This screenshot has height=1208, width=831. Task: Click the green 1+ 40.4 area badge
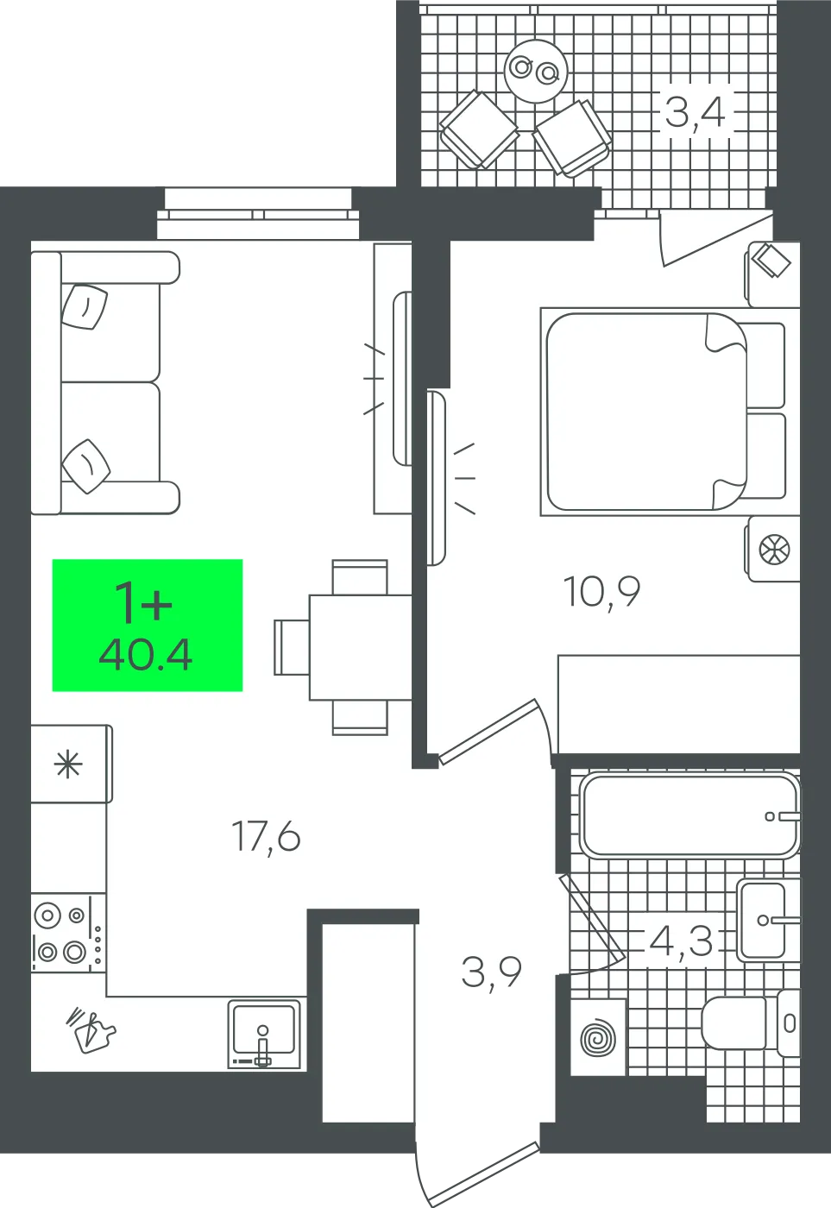click(x=148, y=625)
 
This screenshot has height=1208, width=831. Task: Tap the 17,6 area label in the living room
click(x=265, y=836)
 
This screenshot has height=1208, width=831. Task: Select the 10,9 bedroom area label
click(x=601, y=592)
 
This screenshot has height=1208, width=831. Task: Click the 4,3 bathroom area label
click(x=682, y=942)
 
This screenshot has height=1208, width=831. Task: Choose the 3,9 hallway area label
click(x=491, y=973)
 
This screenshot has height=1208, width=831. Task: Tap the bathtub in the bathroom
click(x=690, y=815)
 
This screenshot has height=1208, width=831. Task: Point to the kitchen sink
click(x=264, y=1034)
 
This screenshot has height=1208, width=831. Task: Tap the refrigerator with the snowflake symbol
click(x=71, y=764)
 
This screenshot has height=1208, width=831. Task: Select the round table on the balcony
click(x=537, y=71)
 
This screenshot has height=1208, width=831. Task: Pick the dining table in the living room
click(x=361, y=647)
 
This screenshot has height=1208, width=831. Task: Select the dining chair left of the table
click(x=292, y=647)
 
